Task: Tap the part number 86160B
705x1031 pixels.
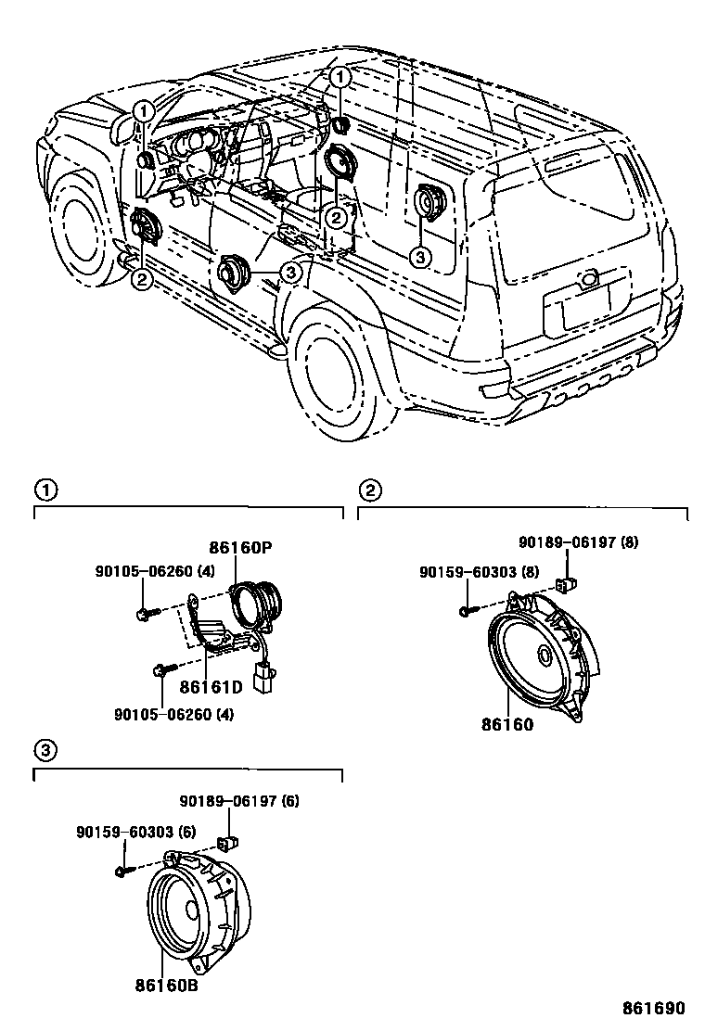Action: point(167,986)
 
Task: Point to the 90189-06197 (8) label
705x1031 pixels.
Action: point(577,541)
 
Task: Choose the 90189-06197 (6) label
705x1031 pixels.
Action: point(239,801)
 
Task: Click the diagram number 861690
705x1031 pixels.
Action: point(661,1007)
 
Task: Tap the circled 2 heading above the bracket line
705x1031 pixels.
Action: point(368,489)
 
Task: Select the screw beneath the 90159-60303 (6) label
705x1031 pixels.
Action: point(122,872)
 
